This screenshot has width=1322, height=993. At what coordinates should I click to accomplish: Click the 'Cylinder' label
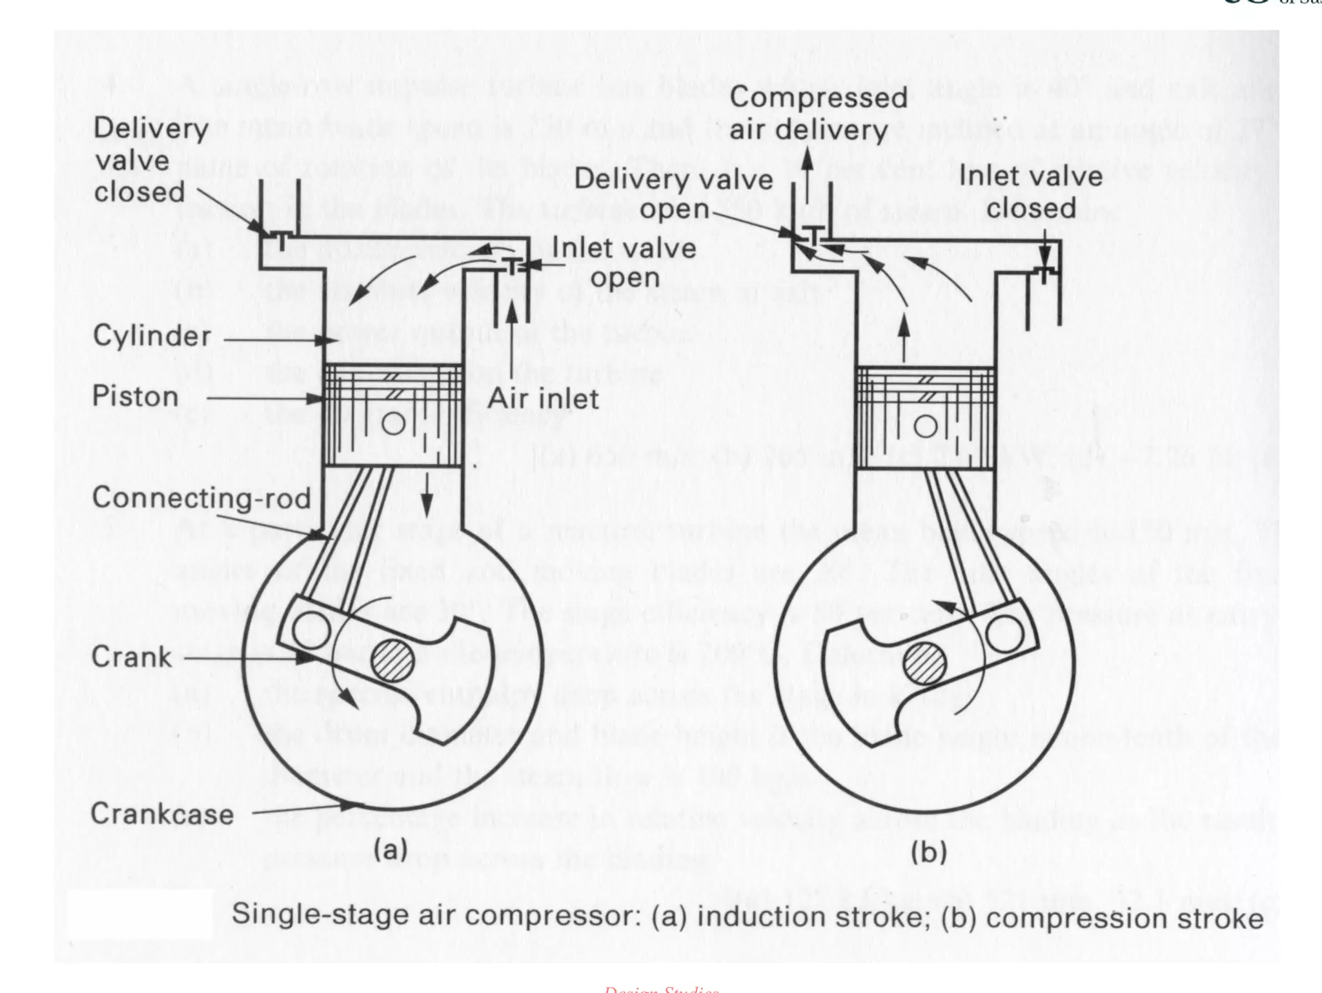pos(152,336)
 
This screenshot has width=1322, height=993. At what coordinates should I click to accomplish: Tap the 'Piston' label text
pos(135,396)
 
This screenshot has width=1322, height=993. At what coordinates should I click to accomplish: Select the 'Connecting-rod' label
pos(201,497)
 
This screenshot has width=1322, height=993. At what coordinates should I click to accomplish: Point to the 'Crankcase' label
pos(162,813)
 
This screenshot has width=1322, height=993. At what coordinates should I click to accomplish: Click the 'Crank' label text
pos(132,657)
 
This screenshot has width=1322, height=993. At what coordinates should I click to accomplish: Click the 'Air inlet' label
pos(543,398)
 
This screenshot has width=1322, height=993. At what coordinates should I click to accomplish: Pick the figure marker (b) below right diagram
pos(928,852)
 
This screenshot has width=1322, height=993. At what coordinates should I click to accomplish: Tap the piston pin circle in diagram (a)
pos(396,424)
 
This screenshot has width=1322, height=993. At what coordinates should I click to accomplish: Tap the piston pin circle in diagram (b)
pos(927,426)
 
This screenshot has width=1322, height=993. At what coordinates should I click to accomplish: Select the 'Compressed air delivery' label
pos(818,114)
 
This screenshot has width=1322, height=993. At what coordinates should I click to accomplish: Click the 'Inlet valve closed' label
pos(1031,192)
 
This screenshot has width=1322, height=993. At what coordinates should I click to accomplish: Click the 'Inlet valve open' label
pos(624,263)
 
